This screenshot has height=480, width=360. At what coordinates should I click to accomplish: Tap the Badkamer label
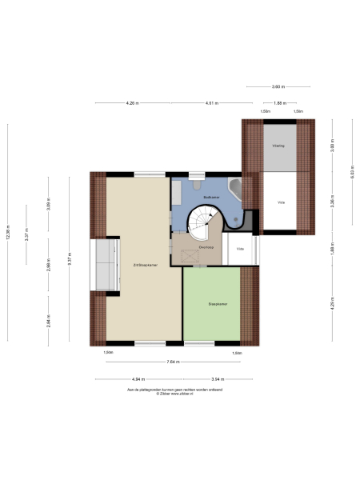pos(211,196)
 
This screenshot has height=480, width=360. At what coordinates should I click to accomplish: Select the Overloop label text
pos(206,247)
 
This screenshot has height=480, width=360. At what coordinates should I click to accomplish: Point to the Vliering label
pos(278,146)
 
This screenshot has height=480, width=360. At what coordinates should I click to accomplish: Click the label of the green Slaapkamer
pos(218,304)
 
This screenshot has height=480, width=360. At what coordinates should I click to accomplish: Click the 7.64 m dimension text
pos(172,362)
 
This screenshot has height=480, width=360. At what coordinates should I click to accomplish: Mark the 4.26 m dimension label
pos(132,103)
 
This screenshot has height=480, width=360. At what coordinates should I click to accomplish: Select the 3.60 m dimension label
pos(278,86)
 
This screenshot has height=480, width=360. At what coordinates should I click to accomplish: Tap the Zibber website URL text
pos(174,395)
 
